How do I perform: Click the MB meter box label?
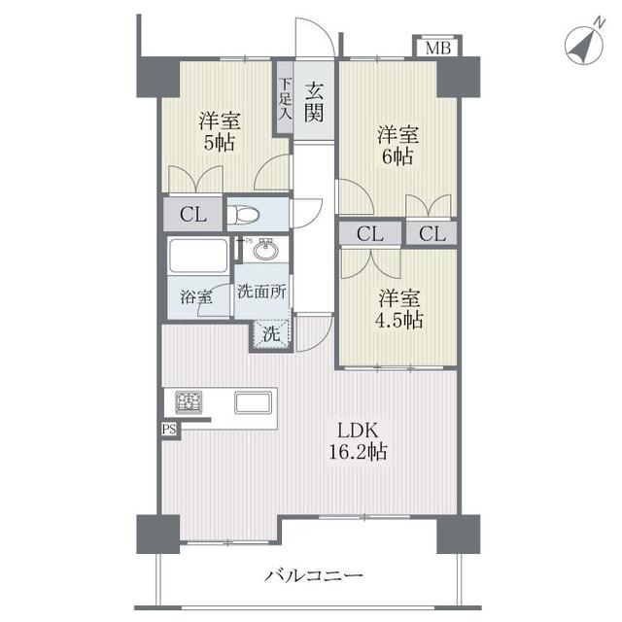click(438, 48)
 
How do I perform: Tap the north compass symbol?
click(584, 45)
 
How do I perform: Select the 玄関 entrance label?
click(314, 102)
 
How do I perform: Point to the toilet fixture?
click(243, 215)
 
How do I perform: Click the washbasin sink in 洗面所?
click(265, 250)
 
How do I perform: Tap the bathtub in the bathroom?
click(197, 255)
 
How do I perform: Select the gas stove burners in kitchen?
click(189, 401)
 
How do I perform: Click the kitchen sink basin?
click(253, 402)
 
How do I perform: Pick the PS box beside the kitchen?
click(169, 430)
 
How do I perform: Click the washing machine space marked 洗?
click(272, 334)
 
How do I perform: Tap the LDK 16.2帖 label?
click(357, 440)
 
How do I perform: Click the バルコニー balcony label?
click(313, 574)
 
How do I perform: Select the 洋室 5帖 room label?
click(220, 132)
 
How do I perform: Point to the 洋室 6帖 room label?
click(397, 146)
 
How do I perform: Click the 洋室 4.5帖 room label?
click(399, 309)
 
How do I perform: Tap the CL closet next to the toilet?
click(193, 215)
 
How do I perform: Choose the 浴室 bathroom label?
click(196, 296)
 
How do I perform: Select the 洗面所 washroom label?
click(261, 292)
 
